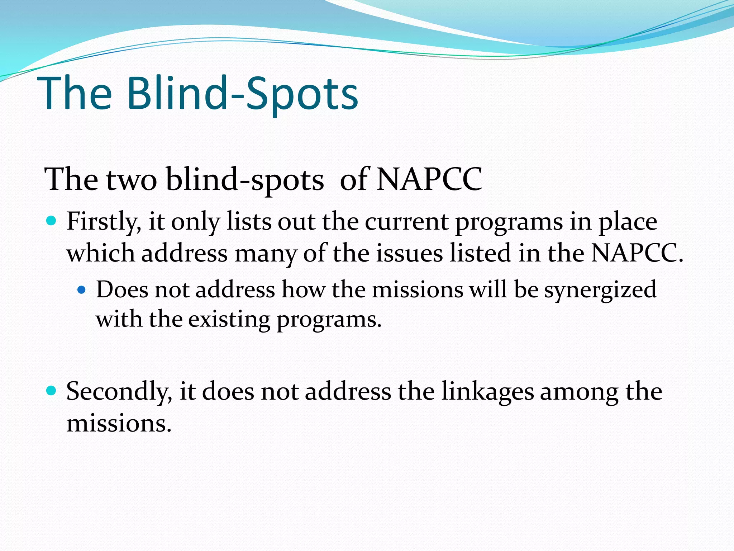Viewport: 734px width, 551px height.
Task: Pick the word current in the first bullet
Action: [x=406, y=222]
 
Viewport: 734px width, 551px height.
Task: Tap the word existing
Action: [x=229, y=319]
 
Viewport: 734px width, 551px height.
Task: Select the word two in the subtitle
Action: [x=132, y=179]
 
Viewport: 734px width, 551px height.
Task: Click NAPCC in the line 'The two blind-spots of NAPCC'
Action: [x=429, y=179]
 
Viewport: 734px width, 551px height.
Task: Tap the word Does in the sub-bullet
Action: [x=122, y=289]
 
